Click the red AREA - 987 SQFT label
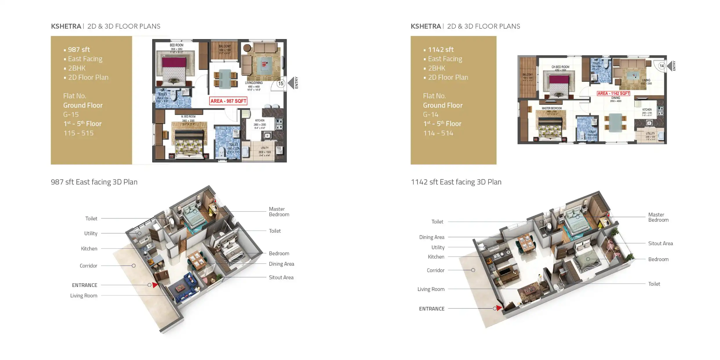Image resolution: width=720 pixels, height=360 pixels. [228, 101]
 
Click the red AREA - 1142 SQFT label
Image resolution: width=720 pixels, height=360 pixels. [613, 93]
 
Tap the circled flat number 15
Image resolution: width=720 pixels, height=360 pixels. [280, 83]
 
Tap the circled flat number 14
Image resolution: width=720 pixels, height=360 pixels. [661, 66]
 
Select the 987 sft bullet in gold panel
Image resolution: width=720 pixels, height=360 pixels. [79, 50]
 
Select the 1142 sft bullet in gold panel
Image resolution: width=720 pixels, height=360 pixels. [441, 50]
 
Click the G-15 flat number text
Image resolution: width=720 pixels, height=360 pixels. [71, 114]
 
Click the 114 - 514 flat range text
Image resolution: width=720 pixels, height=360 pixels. [438, 133]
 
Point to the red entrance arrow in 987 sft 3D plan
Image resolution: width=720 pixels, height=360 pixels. [155, 285]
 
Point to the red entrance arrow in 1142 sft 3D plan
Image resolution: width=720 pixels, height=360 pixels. [499, 308]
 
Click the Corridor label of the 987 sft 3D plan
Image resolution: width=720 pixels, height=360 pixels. [88, 266]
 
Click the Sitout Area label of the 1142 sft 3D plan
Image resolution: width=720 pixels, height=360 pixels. [660, 243]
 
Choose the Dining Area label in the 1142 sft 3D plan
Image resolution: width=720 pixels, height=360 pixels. [432, 237]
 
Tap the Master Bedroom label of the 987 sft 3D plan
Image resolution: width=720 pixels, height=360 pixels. [279, 212]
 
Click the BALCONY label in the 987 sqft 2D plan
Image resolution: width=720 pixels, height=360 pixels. [225, 46]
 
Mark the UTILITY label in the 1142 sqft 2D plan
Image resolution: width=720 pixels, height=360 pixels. [650, 134]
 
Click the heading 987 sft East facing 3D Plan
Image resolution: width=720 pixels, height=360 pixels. [94, 182]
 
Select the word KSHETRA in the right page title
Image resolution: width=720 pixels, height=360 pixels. [426, 26]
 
